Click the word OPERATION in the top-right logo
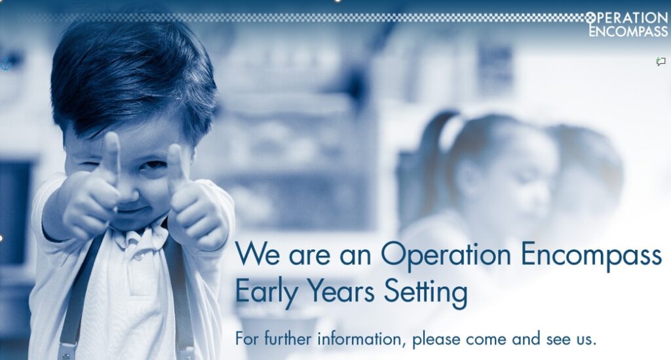pos(626,18)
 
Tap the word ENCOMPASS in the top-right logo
pos(628,31)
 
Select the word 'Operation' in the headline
pos(446,256)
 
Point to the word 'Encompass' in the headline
pos(592,256)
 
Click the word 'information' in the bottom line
pos(361,338)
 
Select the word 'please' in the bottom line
pos(436,340)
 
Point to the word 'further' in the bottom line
pos(288,338)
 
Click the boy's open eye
pos(153,164)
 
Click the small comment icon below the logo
pos(661,62)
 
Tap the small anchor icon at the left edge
pos(5,64)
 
